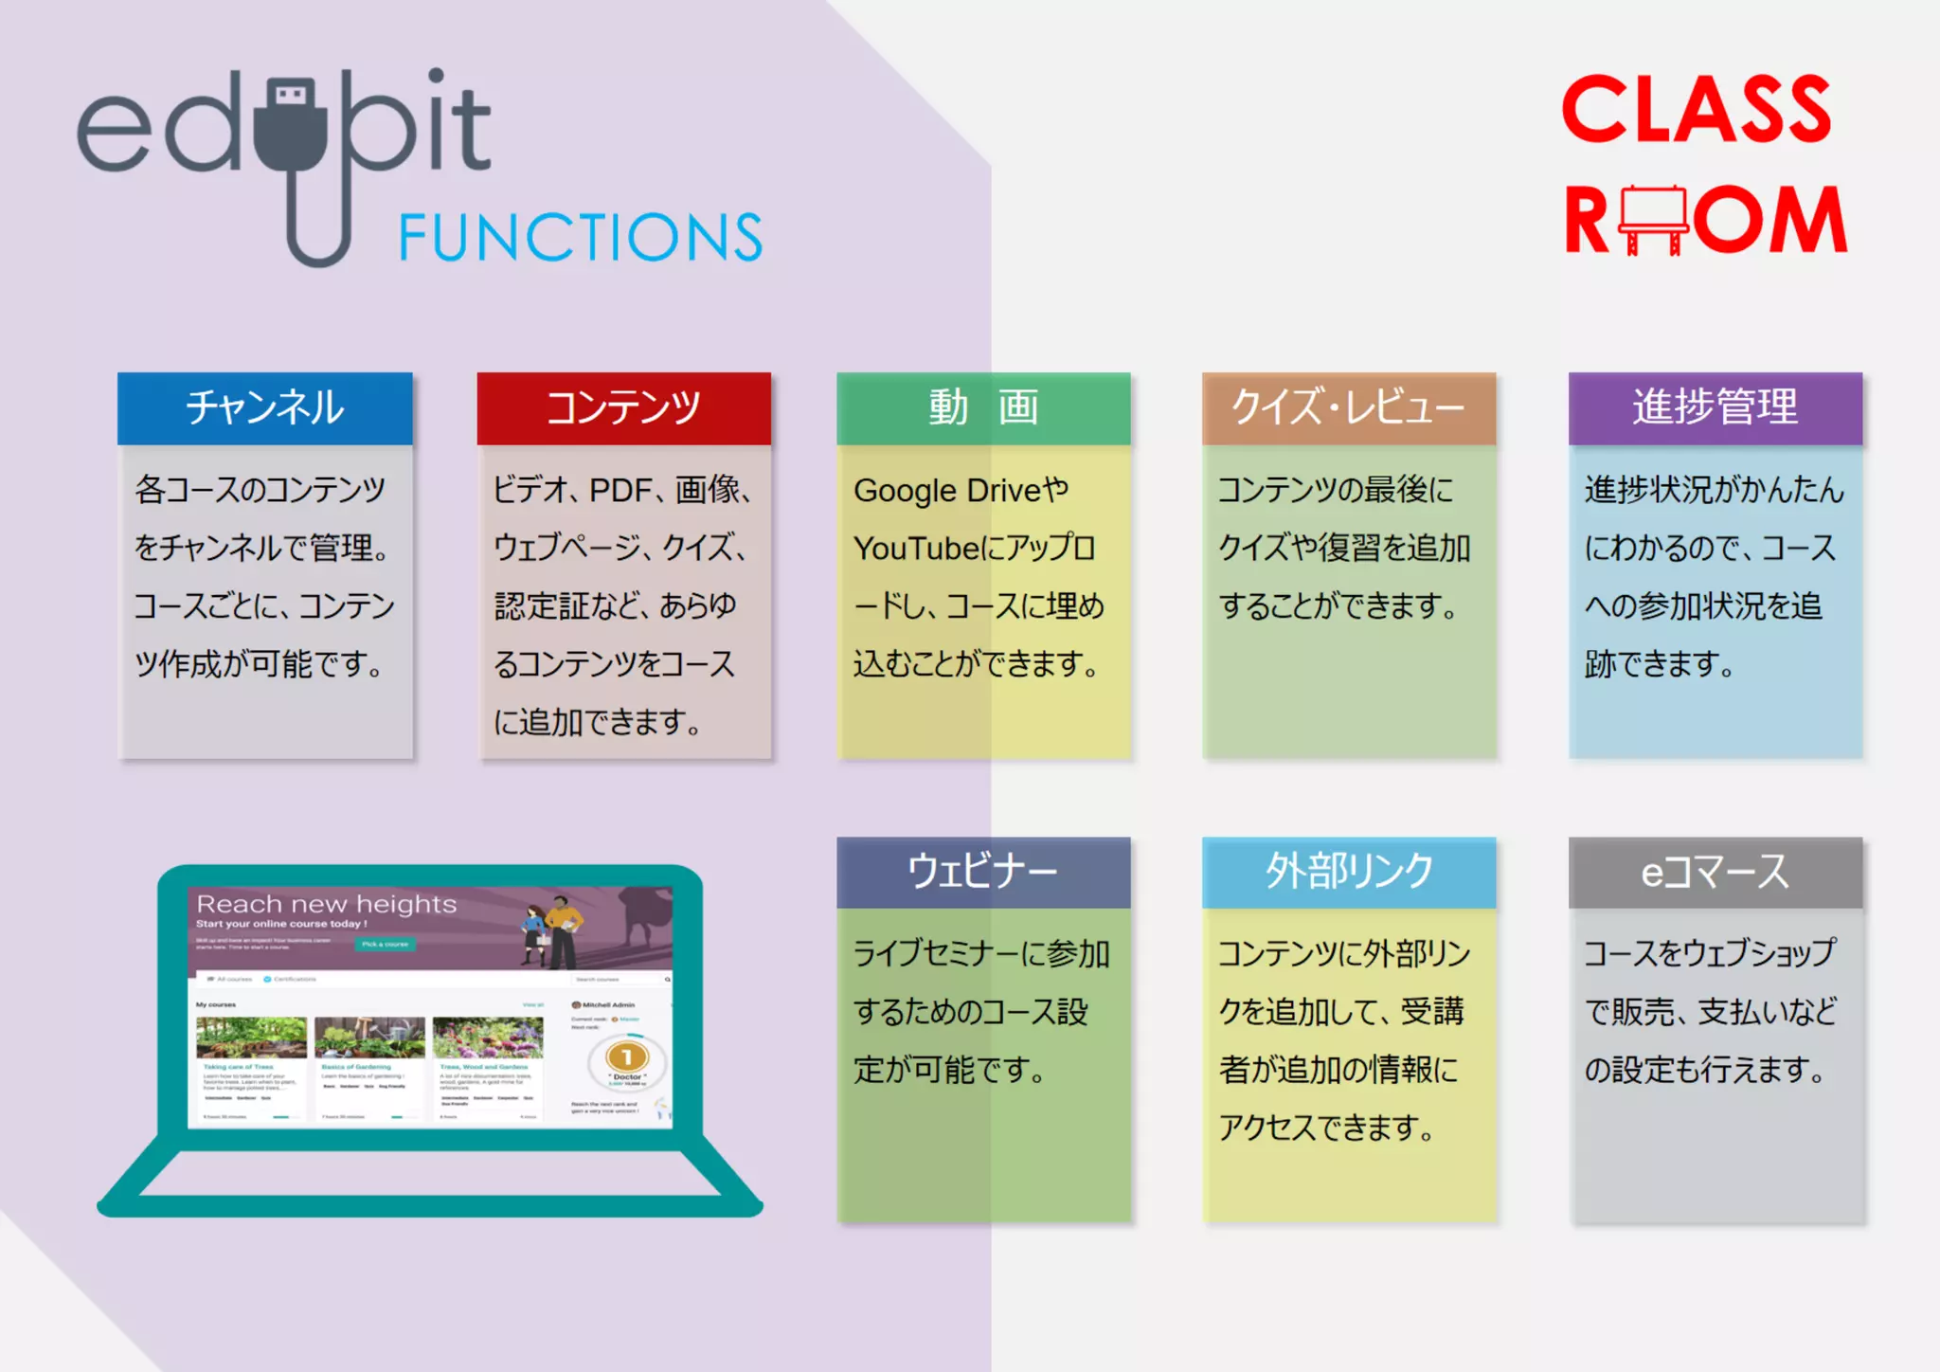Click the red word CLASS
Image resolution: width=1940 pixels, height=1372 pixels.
pos(1697,110)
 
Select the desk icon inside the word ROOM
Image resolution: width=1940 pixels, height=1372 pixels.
pos(1653,219)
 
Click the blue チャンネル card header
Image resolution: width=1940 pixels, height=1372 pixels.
pos(265,408)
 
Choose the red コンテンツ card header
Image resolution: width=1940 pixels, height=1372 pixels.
pos(623,408)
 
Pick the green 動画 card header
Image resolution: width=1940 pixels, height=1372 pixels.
pos(983,408)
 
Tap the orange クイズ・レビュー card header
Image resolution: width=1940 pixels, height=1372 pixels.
pos(1348,408)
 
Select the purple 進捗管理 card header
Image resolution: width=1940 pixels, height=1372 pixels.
pos(1715,408)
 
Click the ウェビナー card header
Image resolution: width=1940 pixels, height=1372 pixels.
pos(983,872)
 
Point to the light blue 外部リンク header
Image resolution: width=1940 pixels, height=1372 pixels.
pos(1348,872)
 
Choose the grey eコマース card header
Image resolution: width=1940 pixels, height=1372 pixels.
pos(1715,872)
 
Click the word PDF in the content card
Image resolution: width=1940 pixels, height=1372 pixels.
pos(620,491)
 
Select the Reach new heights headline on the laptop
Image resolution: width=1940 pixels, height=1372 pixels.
pos(326,904)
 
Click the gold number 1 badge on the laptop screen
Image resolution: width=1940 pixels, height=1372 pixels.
pos(626,1056)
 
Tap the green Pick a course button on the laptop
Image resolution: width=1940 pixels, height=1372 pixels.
pos(385,944)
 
